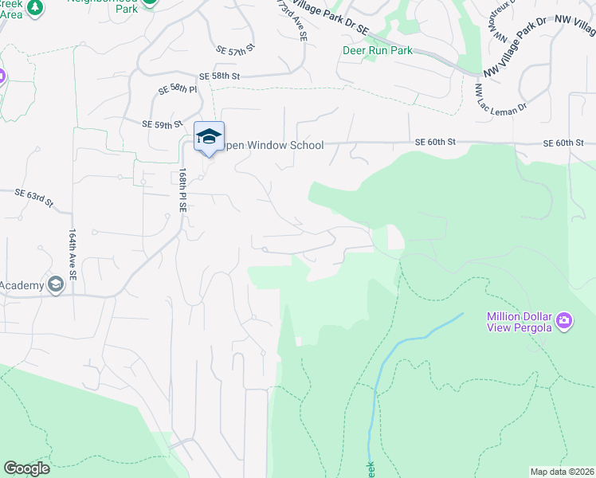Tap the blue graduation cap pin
tap(209, 136)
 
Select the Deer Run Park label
tap(378, 50)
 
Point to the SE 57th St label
tap(238, 49)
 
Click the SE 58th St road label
tap(220, 76)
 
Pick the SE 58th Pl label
tap(177, 89)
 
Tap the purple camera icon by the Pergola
tap(565, 321)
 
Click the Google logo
tap(26, 468)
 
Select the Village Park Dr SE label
tap(328, 17)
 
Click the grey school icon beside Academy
tap(56, 284)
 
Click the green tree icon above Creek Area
tap(35, 7)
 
